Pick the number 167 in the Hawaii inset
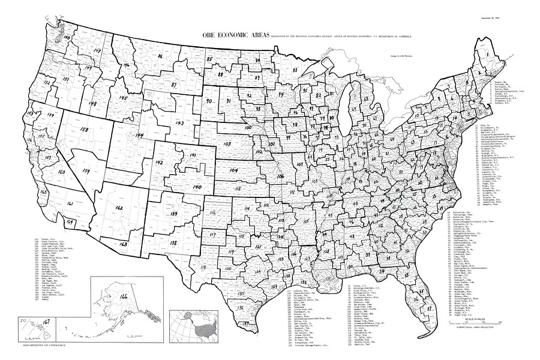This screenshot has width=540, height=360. tap(46, 323)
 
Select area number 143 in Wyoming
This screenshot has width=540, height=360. tap(178, 122)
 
